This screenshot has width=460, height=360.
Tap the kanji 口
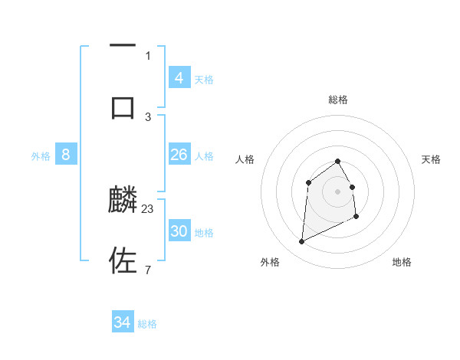[123, 107]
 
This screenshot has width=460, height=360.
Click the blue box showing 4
[179, 77]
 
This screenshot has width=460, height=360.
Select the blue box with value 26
[179, 155]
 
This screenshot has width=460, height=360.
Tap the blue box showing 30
[179, 231]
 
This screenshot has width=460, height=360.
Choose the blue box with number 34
[123, 322]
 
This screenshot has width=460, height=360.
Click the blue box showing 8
[66, 155]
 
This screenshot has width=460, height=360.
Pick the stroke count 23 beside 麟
[148, 208]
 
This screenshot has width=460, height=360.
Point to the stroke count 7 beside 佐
[148, 270]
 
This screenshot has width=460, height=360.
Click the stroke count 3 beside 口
[148, 116]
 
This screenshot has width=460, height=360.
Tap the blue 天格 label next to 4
[204, 79]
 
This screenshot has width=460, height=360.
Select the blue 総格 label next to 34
[147, 324]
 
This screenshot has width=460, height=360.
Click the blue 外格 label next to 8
[41, 156]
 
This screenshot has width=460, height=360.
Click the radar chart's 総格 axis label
[338, 100]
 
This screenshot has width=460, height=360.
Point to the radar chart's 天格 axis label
[431, 159]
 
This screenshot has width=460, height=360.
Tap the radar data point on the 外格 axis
[301, 242]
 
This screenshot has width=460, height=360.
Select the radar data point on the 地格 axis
[357, 218]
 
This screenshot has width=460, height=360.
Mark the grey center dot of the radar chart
[337, 191]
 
